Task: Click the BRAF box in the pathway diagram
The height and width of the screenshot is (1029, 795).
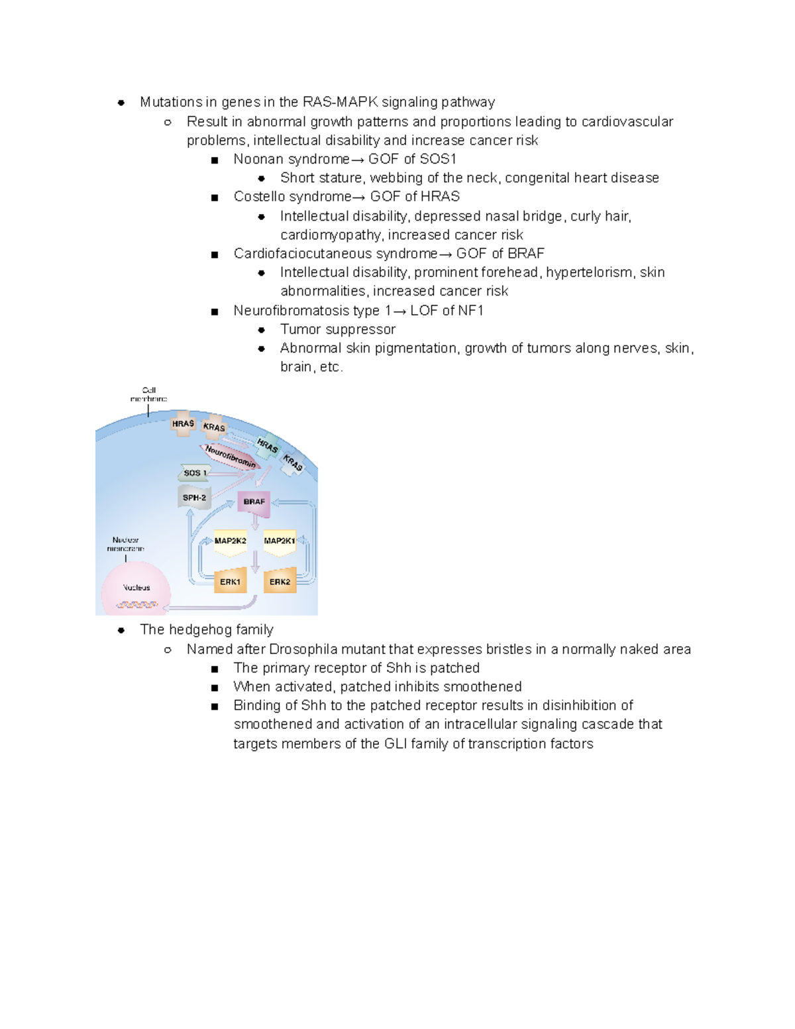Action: pyautogui.click(x=254, y=502)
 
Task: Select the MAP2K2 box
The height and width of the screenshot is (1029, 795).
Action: pyautogui.click(x=230, y=541)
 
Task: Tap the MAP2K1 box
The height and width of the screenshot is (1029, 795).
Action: pyautogui.click(x=280, y=541)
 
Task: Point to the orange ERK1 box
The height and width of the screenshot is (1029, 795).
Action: pyautogui.click(x=230, y=581)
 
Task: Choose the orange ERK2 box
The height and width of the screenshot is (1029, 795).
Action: pyautogui.click(x=280, y=581)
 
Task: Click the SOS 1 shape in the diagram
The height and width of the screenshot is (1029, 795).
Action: pyautogui.click(x=194, y=472)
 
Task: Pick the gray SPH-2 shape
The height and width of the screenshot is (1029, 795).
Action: pyautogui.click(x=194, y=498)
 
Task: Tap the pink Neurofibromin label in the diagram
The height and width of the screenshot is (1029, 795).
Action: pyautogui.click(x=230, y=456)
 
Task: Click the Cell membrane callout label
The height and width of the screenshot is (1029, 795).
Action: pyautogui.click(x=148, y=394)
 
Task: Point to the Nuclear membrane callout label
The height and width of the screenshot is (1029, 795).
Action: pyautogui.click(x=125, y=544)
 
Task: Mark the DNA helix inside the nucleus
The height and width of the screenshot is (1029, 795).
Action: pyautogui.click(x=136, y=604)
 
